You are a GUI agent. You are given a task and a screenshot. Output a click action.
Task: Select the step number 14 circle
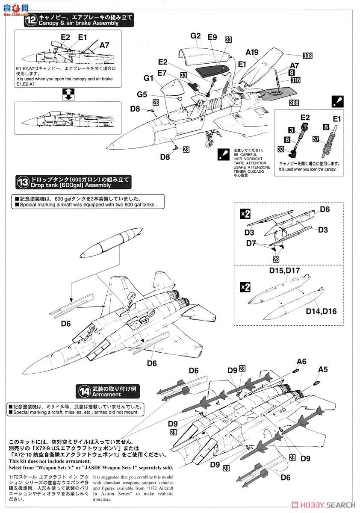(x=84, y=391)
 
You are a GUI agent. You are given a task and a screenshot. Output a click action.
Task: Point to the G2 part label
(x=195, y=36)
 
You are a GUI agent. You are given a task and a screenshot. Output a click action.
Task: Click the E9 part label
(x=212, y=37)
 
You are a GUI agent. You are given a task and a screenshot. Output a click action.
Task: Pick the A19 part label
(x=252, y=53)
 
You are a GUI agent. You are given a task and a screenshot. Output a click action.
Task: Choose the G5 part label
(x=142, y=94)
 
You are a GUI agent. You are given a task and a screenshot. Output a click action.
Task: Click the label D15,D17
(x=285, y=271)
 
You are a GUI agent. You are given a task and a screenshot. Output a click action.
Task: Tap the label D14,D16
(x=321, y=311)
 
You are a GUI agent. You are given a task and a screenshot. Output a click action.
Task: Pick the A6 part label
(x=301, y=361)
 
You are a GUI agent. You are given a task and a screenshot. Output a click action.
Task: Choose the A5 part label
(x=323, y=370)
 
